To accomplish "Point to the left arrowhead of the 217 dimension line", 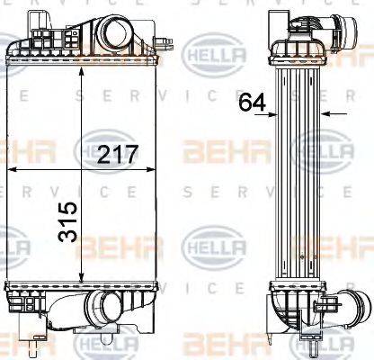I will click(x=10, y=169).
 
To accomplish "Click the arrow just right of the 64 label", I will click(x=275, y=114).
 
